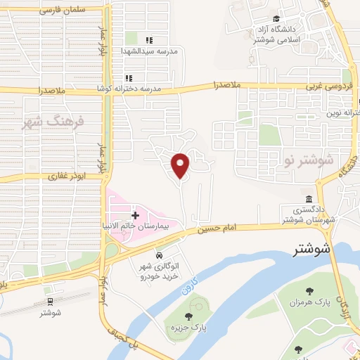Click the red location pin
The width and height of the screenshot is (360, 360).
(x=181, y=165)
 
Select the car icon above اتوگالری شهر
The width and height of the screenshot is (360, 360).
(x=160, y=254)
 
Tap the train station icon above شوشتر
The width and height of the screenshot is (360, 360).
(x=50, y=301)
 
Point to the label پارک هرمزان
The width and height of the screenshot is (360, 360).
(x=309, y=302)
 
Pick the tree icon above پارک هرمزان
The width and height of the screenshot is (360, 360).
(x=309, y=290)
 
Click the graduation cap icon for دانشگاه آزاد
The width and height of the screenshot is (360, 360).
(x=276, y=19)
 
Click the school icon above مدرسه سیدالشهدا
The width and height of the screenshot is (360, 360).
(x=148, y=40)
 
